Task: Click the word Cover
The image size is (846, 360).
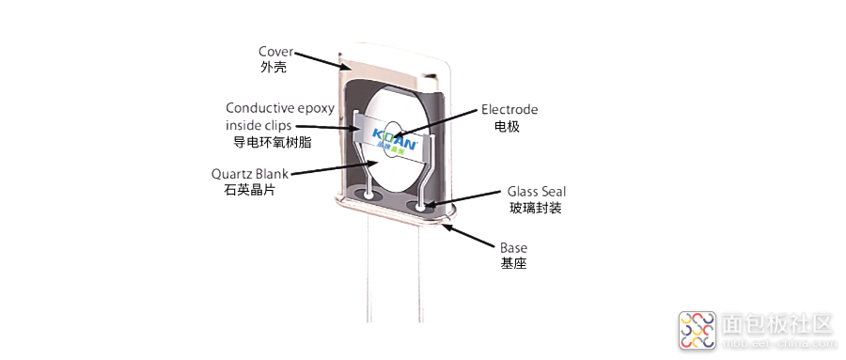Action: tap(274, 51)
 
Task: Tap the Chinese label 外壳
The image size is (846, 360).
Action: tap(273, 68)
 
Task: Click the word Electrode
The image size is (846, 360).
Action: tap(509, 109)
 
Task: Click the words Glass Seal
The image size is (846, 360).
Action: tap(536, 191)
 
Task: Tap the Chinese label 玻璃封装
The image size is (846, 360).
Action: tap(536, 208)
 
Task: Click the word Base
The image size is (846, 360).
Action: tap(513, 248)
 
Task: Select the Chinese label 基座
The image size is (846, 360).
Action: tap(513, 264)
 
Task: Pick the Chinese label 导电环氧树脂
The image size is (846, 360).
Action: tap(273, 143)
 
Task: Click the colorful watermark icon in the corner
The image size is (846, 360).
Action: tap(697, 329)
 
